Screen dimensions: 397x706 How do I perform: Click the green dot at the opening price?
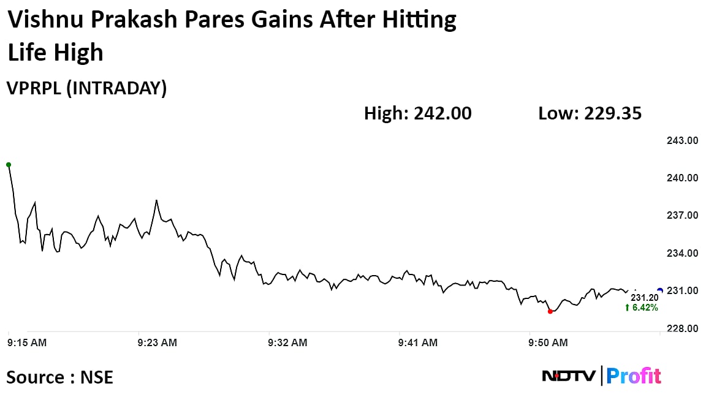coord(9,165)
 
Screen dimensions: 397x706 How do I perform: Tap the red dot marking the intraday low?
coord(550,311)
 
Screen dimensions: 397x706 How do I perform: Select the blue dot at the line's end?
coord(659,290)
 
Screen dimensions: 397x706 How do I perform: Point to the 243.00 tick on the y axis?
coord(682,140)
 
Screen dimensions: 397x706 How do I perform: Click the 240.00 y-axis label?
coord(682,178)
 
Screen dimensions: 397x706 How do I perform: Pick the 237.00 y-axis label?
coord(682,216)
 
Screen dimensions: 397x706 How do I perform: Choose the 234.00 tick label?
coord(682,253)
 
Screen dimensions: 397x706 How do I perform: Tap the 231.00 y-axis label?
coord(682,290)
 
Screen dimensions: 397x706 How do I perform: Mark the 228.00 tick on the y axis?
coord(682,328)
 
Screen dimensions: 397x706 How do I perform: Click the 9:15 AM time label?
coord(27,343)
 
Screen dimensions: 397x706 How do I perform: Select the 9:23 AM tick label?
coord(158,343)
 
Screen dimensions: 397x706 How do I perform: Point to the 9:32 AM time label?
coord(288,343)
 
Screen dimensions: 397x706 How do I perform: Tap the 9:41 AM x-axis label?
coord(419,343)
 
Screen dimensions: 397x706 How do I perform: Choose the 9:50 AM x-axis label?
coord(548,343)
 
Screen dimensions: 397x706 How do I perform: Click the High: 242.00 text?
coord(418,113)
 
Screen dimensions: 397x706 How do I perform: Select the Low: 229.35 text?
coord(590,113)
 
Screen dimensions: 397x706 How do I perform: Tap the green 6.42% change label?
coord(641,308)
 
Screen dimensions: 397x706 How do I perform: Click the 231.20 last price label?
coord(644,297)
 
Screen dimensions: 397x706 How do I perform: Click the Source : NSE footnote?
coord(60,377)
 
